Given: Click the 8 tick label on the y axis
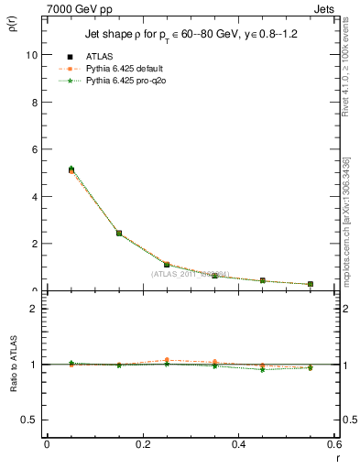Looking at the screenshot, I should [x=33, y=102].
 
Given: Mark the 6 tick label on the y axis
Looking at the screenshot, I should [x=33, y=148].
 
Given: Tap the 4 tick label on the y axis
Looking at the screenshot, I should [x=33, y=196].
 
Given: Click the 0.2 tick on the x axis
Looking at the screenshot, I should [x=142, y=444].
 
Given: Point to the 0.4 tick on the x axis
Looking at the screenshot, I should [x=238, y=444].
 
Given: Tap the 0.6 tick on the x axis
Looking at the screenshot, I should [x=332, y=444].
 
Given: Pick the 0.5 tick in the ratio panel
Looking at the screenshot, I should [x=30, y=420].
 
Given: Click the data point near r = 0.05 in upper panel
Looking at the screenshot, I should [x=71, y=169].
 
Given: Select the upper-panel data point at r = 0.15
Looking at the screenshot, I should [x=119, y=233].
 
